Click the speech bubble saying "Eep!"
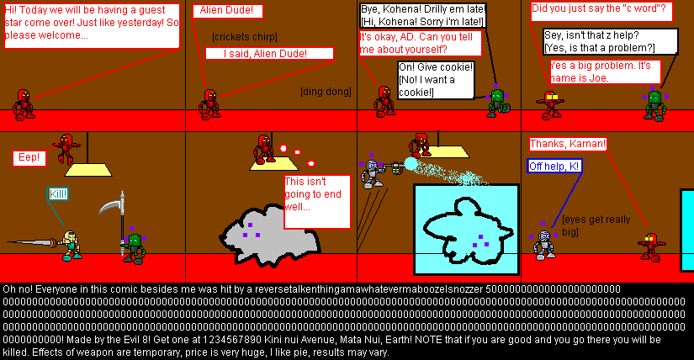click(x=31, y=157)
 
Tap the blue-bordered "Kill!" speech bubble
click(x=56, y=194)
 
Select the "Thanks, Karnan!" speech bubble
click(x=568, y=144)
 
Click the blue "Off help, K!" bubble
click(x=555, y=166)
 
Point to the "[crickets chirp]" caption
click(x=245, y=36)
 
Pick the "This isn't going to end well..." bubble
click(x=316, y=201)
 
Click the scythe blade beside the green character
click(x=111, y=207)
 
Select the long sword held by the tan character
click(x=34, y=242)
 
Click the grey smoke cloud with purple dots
click(x=265, y=227)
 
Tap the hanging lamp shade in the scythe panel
click(x=88, y=170)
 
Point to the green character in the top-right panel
click(x=654, y=103)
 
